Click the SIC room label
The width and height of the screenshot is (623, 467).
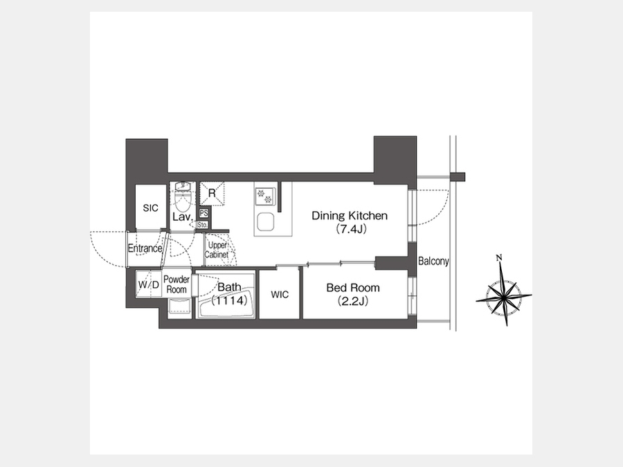click(151, 208)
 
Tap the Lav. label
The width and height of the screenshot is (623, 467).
click(183, 217)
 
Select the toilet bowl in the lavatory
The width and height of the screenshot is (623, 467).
click(183, 202)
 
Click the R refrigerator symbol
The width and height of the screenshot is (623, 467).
click(212, 194)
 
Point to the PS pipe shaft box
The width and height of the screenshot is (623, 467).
click(204, 213)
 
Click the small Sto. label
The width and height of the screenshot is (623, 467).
click(202, 225)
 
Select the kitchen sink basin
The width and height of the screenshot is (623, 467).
click(265, 221)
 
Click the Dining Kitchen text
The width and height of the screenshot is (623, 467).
click(350, 216)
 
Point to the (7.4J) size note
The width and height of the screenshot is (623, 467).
click(351, 229)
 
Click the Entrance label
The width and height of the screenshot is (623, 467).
click(145, 248)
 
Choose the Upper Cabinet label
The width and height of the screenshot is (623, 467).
click(217, 250)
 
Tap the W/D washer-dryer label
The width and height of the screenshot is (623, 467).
click(149, 285)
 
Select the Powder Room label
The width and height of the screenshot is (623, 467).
click(177, 284)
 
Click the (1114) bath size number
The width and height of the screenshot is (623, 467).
click(230, 300)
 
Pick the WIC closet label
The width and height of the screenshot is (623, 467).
click(280, 295)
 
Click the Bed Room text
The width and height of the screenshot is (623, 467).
click(353, 288)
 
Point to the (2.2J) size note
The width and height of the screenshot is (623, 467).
click(353, 302)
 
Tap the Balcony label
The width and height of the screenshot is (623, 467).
click(433, 261)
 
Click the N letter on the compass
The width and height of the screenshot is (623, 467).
click(499, 258)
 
